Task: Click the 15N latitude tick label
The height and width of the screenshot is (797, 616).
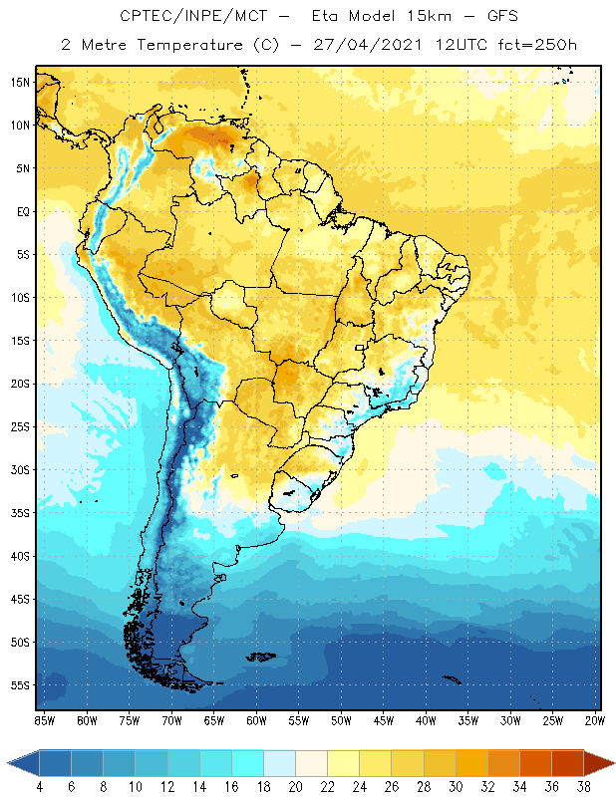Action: point(21,82)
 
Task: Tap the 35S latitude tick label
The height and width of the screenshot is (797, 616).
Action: point(21,512)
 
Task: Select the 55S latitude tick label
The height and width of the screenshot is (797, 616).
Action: point(21,685)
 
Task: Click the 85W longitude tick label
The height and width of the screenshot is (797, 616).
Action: point(45,719)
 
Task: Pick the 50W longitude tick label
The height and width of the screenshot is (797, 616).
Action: point(342,719)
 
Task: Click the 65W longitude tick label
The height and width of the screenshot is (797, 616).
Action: point(214,719)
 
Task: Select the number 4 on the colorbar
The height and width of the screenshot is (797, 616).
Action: point(40,788)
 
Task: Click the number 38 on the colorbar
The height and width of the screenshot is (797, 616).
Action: point(583,788)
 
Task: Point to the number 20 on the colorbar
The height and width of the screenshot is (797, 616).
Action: point(296,788)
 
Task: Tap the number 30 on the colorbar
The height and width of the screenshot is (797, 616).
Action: point(456,788)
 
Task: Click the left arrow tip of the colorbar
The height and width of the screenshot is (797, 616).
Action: point(9,763)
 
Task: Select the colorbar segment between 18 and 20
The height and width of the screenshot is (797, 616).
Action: point(280,763)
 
